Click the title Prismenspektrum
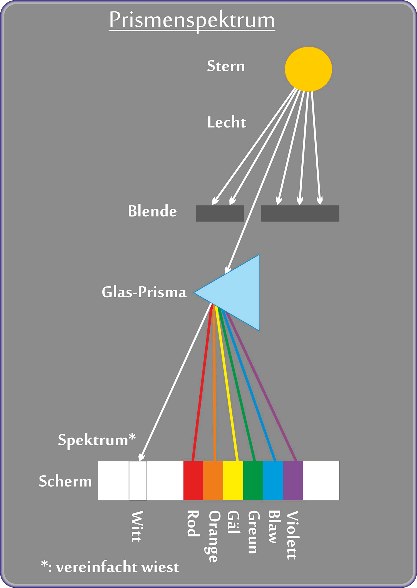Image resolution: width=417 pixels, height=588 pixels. coord(192,20)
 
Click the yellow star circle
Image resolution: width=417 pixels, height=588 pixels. coord(308,69)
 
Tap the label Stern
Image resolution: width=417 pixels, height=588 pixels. coord(226,66)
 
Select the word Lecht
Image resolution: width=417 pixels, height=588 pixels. coord(227,122)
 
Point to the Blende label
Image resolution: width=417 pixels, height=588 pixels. coord(152,211)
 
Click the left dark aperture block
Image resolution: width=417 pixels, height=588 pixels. coord(220,213)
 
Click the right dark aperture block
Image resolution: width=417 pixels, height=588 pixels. coord(300,213)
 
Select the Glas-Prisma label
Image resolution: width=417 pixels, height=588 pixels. coord(144,292)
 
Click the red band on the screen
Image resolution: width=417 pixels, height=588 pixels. coord(193,480)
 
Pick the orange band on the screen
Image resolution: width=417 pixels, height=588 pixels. coord(213,480)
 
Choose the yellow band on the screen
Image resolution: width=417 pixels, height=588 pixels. coord(233,480)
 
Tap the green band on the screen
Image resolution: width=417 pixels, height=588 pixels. coord(253,480)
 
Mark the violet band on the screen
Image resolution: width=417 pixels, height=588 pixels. coord(293,480)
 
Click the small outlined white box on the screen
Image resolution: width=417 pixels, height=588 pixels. coord(138,480)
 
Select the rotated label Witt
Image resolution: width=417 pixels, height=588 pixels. coord(137,526)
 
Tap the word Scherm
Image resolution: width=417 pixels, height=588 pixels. coord(65,481)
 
